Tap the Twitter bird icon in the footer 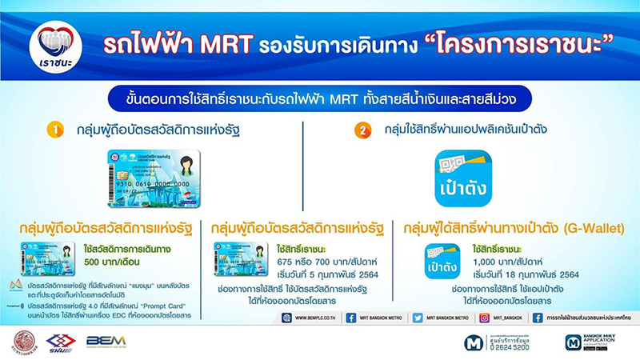418,318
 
